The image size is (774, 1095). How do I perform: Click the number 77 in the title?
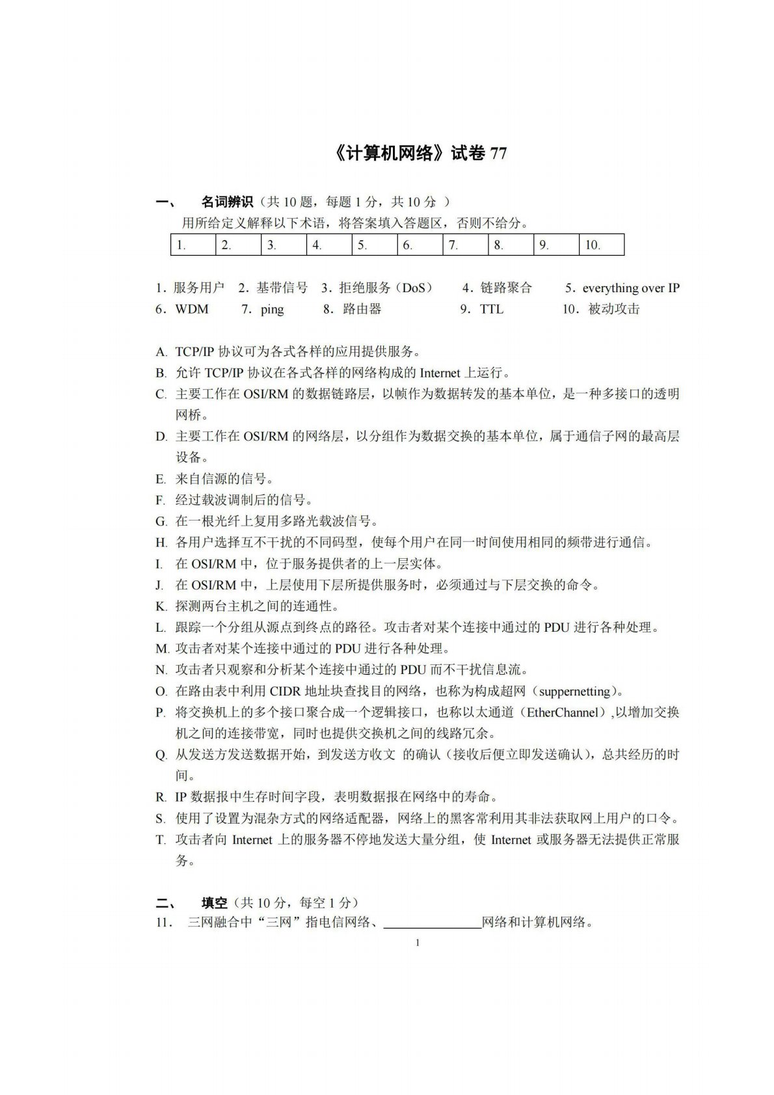pyautogui.click(x=498, y=154)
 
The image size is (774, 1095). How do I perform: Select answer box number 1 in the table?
pyautogui.click(x=193, y=245)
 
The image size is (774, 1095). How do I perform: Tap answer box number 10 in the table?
pyautogui.click(x=601, y=245)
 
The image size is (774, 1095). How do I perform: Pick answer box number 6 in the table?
pyautogui.click(x=420, y=245)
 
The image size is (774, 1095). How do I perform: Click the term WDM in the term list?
pyautogui.click(x=192, y=309)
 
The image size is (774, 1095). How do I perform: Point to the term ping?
pyautogui.click(x=272, y=309)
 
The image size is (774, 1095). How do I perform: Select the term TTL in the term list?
pyautogui.click(x=492, y=309)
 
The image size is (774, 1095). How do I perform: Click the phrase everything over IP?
pyautogui.click(x=631, y=288)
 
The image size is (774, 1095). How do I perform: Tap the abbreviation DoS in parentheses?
pyautogui.click(x=413, y=288)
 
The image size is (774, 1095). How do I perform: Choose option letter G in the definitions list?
pyautogui.click(x=161, y=521)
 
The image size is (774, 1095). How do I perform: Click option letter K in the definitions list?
pyautogui.click(x=161, y=606)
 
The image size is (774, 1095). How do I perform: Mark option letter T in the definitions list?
pyautogui.click(x=160, y=839)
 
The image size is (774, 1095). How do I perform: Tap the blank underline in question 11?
pyautogui.click(x=432, y=923)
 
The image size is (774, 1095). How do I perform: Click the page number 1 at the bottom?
pyautogui.click(x=417, y=943)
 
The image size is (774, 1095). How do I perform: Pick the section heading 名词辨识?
pyautogui.click(x=227, y=202)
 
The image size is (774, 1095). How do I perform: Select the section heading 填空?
pyautogui.click(x=214, y=902)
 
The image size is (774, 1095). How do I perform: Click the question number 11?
pyautogui.click(x=163, y=923)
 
